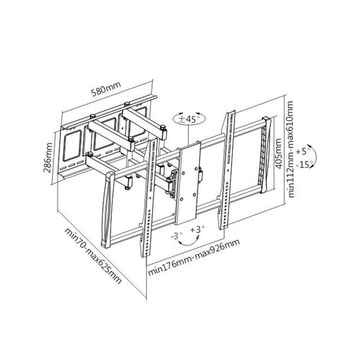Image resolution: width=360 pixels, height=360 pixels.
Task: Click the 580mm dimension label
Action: click(105, 88)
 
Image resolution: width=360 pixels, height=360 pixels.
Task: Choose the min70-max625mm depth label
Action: click(93, 255)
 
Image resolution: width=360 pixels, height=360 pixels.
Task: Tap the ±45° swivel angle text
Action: click(190, 119)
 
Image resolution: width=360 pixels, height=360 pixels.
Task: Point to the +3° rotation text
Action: click(197, 229)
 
